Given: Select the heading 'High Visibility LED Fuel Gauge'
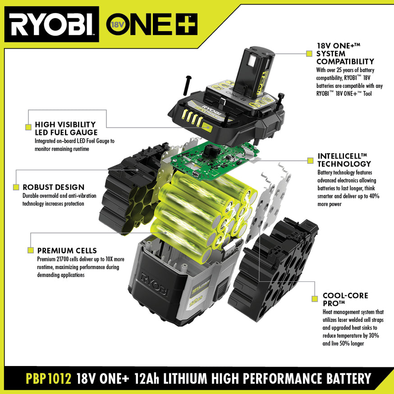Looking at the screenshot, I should [65, 128].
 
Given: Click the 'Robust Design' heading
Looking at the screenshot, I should [54, 187].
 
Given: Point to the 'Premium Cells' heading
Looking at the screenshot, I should [67, 251].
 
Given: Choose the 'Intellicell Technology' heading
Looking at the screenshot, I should [344, 160].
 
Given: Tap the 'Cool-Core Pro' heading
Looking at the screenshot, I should [345, 299].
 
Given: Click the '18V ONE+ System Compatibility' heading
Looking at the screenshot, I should [345, 53].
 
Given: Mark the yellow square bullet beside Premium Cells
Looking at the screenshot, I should [31, 250].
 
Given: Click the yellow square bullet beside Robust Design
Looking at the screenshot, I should [16, 187].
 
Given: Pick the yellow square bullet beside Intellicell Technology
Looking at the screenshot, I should [309, 160].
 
